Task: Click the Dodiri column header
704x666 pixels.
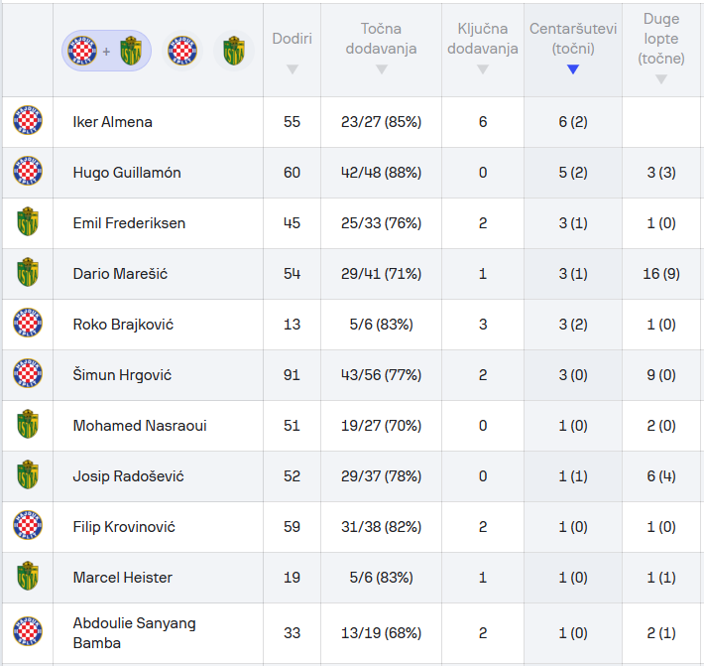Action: point(292,39)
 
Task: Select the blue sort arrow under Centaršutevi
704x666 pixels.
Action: point(572,69)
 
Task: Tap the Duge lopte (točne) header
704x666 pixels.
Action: point(660,39)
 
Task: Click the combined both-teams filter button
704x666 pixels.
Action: point(106,51)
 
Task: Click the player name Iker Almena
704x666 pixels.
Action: point(113,122)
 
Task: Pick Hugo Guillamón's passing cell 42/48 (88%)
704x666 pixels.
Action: point(381,173)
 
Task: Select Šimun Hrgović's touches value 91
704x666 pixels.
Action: point(292,375)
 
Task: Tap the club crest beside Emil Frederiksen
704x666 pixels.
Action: point(28,222)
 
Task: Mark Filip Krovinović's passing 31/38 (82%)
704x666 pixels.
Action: point(381,527)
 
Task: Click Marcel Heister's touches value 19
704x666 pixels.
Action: point(292,578)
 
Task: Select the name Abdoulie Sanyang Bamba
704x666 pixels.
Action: point(134,633)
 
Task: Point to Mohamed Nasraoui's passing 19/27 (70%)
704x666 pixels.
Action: point(381,426)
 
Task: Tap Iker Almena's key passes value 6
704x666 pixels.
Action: point(483,122)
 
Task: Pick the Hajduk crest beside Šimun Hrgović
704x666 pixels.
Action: point(28,374)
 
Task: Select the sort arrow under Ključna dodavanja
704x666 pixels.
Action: point(483,69)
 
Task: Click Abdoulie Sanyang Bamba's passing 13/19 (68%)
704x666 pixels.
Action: point(381,633)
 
